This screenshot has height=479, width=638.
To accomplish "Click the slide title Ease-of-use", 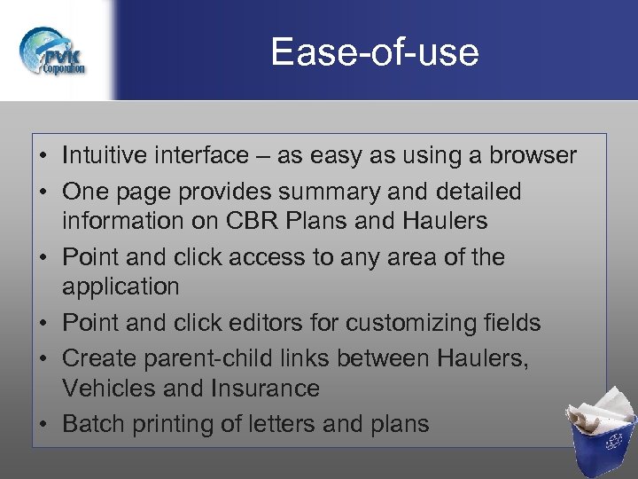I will coord(374,52).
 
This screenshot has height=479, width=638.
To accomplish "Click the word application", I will coord(121,287).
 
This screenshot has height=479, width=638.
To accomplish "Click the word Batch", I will coord(94,424).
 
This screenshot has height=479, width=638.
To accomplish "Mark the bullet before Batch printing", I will coord(43,424).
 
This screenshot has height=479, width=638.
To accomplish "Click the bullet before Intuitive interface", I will coord(43,157).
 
